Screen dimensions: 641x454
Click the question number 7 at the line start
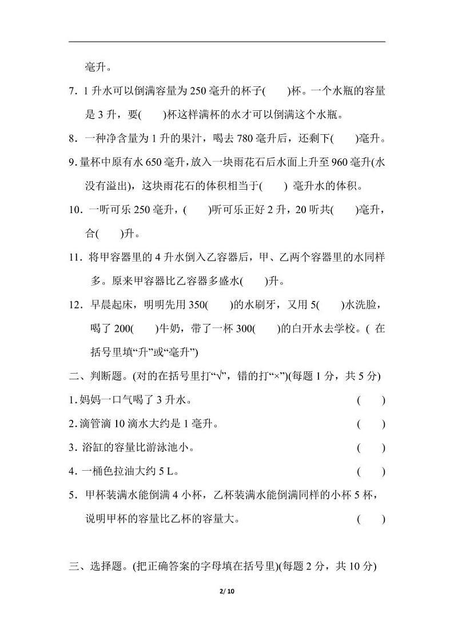click(x=71, y=91)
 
